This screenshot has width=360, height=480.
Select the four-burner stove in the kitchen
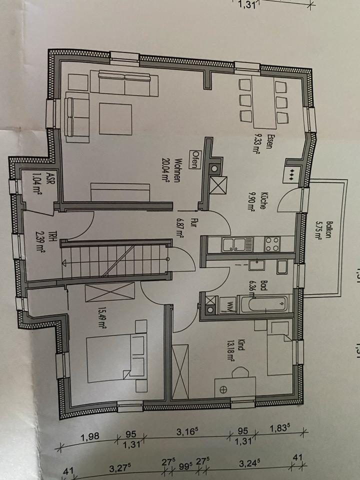tap(271, 244)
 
